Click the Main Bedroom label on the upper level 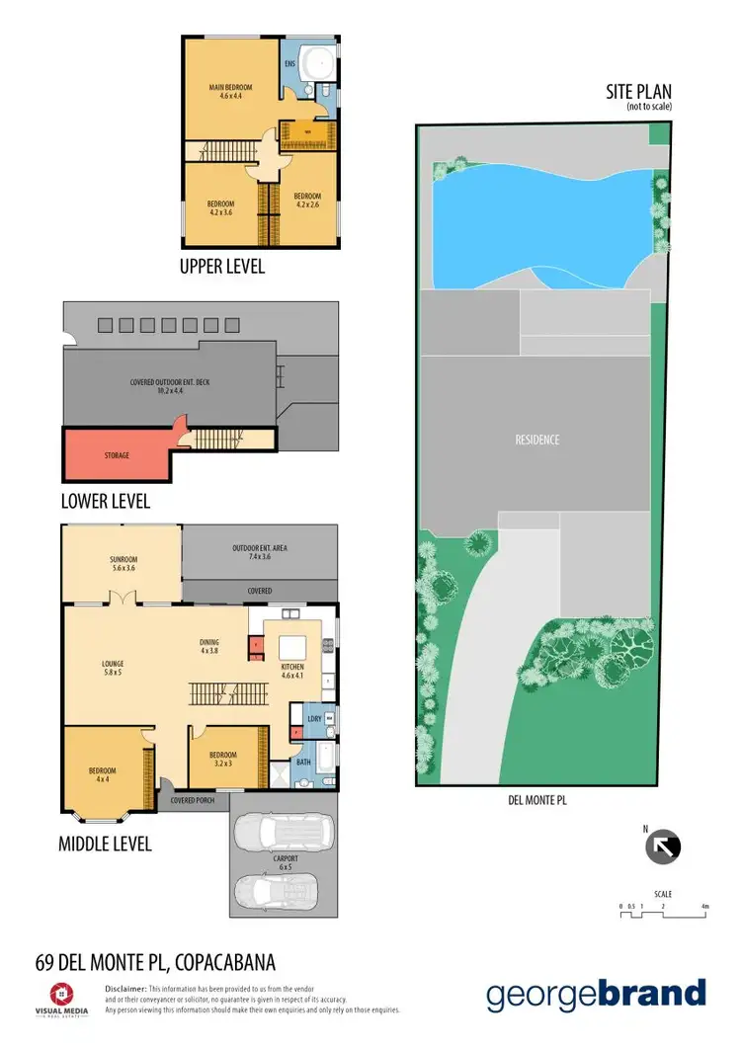(225, 91)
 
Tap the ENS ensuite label (290, 64)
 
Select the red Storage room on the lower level (117, 455)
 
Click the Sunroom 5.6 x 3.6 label (123, 565)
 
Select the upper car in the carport (284, 832)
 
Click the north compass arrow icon (664, 846)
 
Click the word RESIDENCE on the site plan (536, 440)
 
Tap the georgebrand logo (596, 995)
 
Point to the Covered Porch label (193, 800)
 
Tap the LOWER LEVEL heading (106, 501)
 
